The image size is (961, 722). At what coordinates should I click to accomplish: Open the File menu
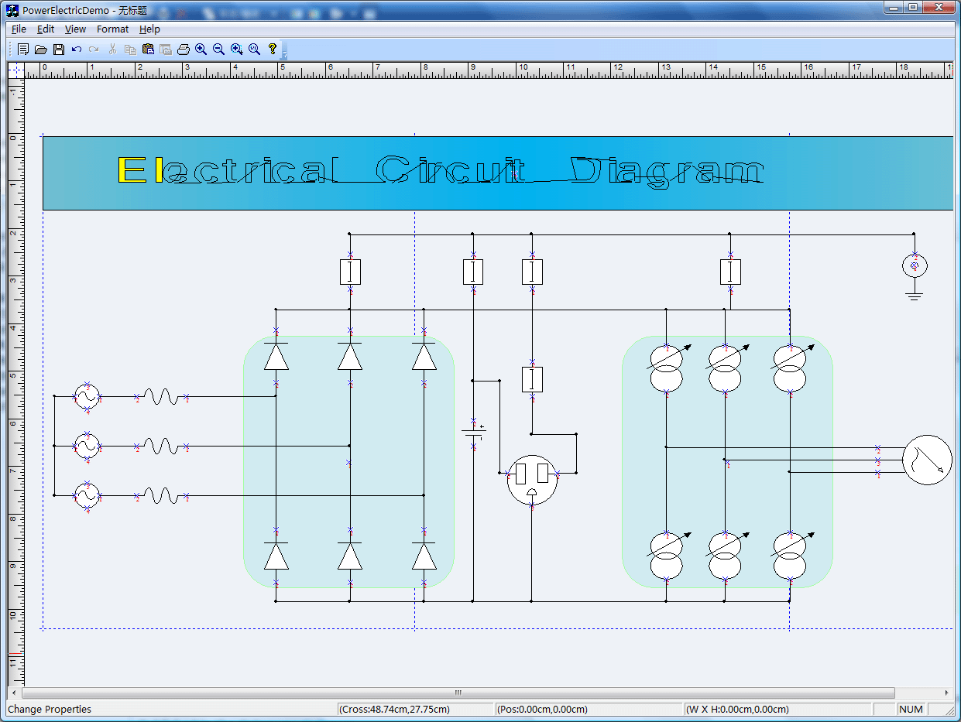click(19, 29)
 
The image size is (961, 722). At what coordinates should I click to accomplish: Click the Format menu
click(112, 29)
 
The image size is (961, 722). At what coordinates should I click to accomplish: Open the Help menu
click(149, 29)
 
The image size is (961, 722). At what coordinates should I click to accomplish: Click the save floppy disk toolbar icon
click(59, 50)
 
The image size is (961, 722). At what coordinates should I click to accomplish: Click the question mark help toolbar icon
click(273, 50)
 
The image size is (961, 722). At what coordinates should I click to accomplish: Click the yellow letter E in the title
click(131, 170)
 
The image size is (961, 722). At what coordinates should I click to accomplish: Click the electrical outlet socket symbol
click(532, 480)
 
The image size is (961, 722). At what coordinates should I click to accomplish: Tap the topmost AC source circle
click(87, 397)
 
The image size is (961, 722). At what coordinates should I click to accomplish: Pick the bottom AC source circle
click(87, 496)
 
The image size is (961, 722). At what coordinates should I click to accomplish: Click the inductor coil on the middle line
click(161, 447)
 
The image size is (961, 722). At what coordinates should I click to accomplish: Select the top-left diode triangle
click(276, 357)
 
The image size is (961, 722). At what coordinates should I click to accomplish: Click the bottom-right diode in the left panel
click(424, 556)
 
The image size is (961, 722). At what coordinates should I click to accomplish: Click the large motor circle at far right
click(926, 460)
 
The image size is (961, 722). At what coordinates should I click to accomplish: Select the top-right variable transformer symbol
click(790, 368)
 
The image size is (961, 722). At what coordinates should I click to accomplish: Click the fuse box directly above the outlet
click(532, 379)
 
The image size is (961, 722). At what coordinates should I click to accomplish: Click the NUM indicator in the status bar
click(911, 709)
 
